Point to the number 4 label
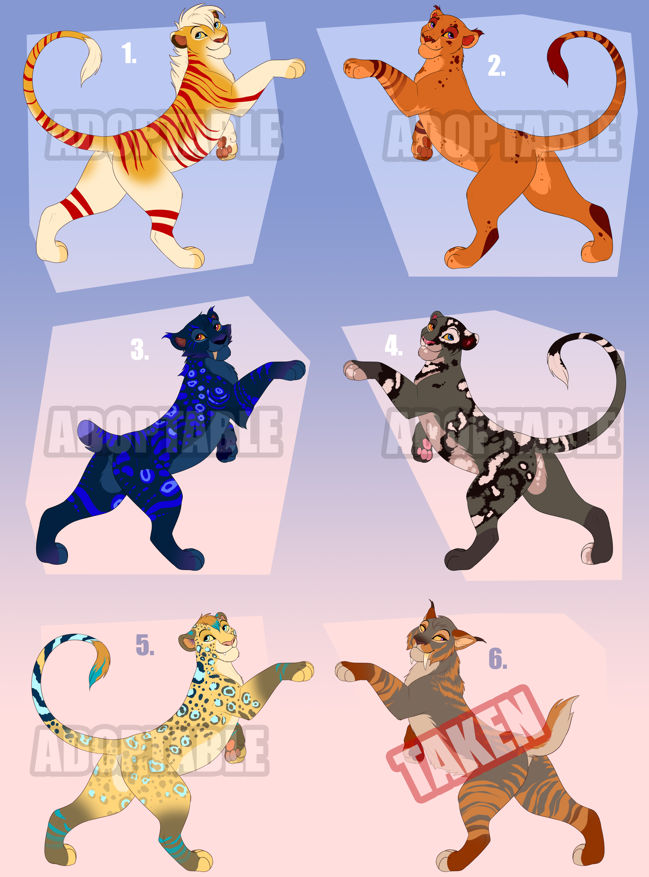(393, 346)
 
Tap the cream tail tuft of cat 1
(90, 59)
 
